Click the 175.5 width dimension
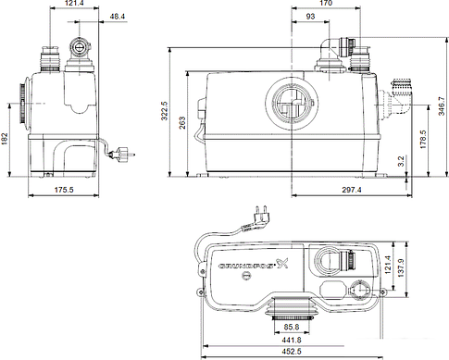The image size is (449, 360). pyautogui.click(x=64, y=190)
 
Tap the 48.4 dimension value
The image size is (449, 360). pyautogui.click(x=118, y=17)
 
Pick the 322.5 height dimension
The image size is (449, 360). pyautogui.click(x=163, y=111)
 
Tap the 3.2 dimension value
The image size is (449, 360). pyautogui.click(x=402, y=162)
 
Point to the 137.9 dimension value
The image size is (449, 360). pyautogui.click(x=438, y=268)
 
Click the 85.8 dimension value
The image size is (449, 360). pyautogui.click(x=291, y=327)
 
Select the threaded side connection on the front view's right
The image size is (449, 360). pyautogui.click(x=400, y=94)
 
